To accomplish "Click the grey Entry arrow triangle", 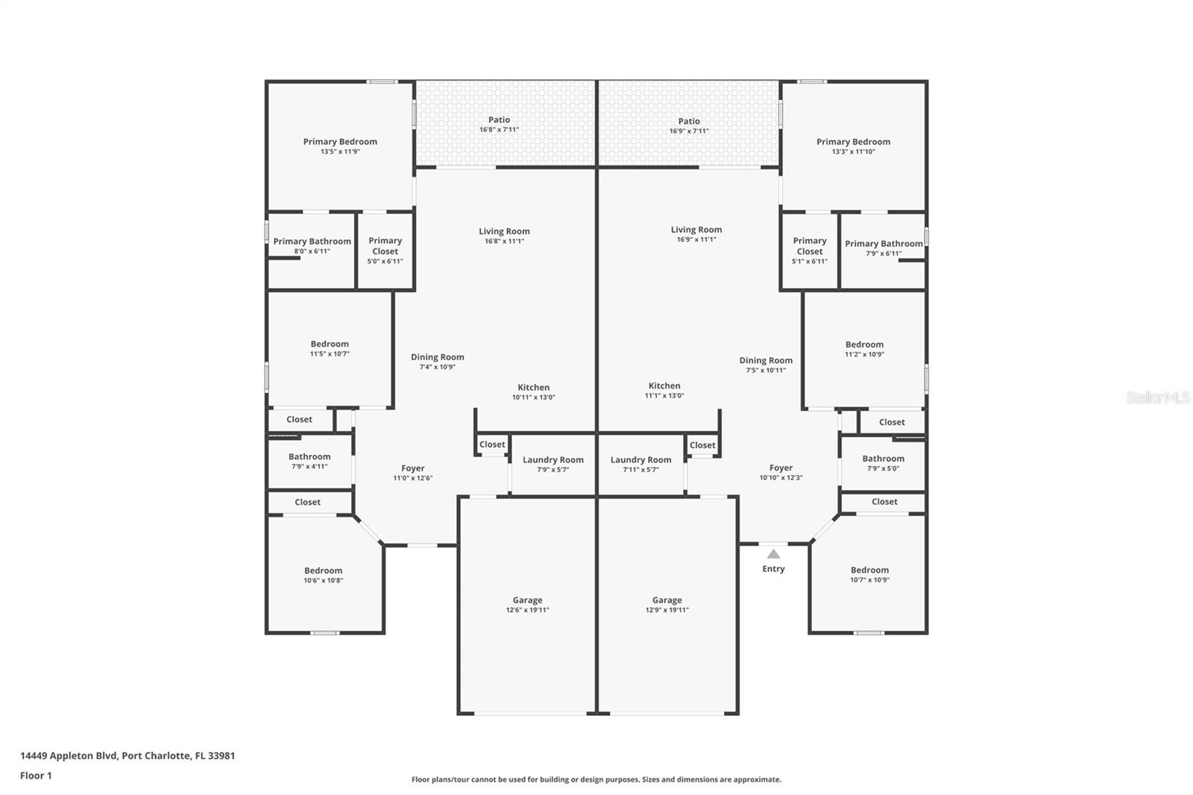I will coord(773,554).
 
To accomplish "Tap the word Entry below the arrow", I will coord(773,568).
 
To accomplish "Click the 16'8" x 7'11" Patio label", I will coord(499,125).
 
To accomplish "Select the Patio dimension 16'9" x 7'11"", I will coord(689,131).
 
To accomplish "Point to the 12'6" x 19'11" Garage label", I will coord(527,605).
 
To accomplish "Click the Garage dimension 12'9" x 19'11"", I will coord(667,610).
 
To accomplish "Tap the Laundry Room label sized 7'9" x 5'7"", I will coord(553,465).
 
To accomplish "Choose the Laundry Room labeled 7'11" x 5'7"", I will coord(640,465).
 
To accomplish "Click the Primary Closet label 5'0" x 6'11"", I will coord(385,251).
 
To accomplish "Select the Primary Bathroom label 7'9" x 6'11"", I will coord(884,248).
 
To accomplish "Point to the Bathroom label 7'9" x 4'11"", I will coord(309,461).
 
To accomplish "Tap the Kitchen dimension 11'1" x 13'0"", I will coord(664,396).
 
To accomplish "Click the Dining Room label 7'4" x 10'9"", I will coord(437,362).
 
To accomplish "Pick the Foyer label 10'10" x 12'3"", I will coord(781,473).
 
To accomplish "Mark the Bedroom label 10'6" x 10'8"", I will coord(323,575).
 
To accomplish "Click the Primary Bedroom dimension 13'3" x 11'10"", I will coord(853,151).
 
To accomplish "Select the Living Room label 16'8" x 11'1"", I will coord(504,236).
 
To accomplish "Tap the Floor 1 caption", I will coord(36,776).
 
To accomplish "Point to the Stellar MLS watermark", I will coord(1157,397).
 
